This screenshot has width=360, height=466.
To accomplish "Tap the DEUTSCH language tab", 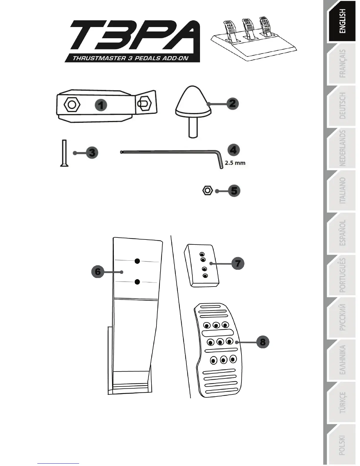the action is coord(342,106).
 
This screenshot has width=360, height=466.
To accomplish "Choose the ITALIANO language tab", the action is coord(342,191).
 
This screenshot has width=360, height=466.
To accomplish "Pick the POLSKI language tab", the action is coord(342,445).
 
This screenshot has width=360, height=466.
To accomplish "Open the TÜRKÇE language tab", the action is coord(342,402).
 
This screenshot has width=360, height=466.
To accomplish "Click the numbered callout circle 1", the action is coord(101,105).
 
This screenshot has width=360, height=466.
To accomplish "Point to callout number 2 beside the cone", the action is coord(232,104).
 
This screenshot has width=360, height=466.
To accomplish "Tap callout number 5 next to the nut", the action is coord(234,191).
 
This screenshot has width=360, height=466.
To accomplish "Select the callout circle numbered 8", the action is coord(263,342).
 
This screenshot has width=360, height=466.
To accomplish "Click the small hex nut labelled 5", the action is coord(207,190).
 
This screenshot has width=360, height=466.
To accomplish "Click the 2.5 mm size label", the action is coord(235,163).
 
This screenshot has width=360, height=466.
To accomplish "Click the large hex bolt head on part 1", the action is coord(72,104).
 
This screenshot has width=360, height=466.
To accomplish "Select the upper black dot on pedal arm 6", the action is coord(137,261).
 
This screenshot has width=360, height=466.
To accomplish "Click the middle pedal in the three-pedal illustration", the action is coord(248,26).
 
